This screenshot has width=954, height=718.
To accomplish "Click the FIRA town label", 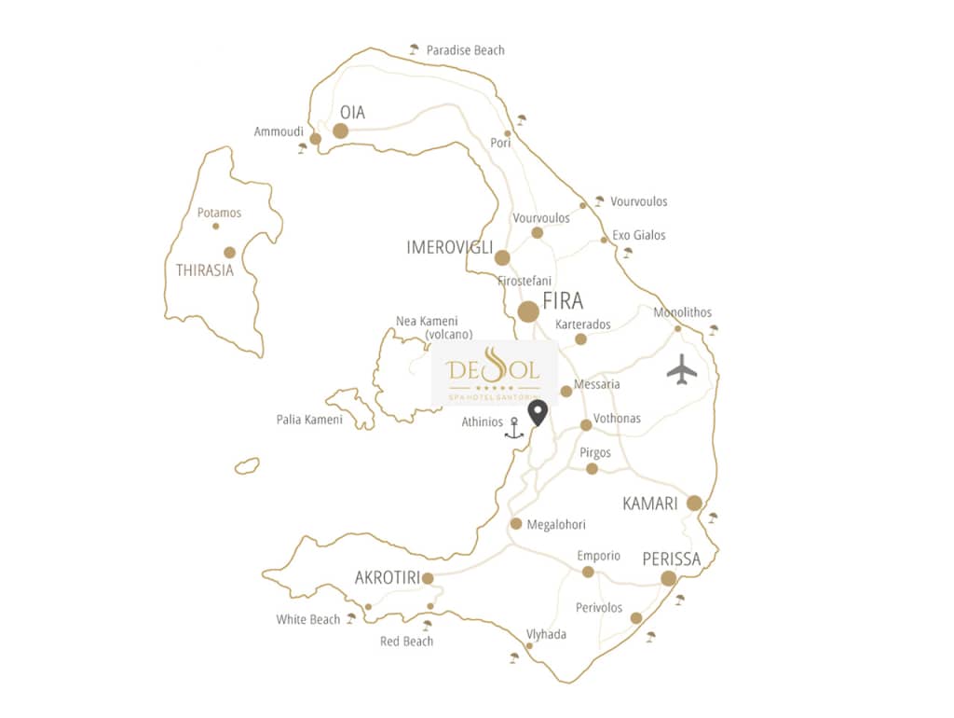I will click(562, 301).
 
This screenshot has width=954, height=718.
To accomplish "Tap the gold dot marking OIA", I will click(341, 131).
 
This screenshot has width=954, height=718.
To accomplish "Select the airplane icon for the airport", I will click(682, 369).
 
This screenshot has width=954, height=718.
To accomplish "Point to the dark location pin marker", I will click(538, 413).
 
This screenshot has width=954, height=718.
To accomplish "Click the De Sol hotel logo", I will click(494, 373).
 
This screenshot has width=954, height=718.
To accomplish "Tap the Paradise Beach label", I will click(465, 50).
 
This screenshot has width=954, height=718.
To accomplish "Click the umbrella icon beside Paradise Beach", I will click(415, 49).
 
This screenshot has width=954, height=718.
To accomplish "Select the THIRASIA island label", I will click(205, 270).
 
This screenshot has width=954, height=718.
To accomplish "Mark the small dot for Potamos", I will click(216, 226).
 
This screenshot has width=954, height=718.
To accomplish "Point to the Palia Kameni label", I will click(309, 420).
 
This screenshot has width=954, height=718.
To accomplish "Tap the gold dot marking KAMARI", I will click(694, 504).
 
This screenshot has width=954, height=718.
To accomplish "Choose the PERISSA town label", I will click(671, 559).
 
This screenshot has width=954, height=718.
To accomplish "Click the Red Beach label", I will click(406, 642).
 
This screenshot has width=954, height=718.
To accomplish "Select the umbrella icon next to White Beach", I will click(351, 618).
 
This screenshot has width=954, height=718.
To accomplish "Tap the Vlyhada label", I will click(546, 635).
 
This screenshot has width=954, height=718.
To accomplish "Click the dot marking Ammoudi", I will click(316, 139).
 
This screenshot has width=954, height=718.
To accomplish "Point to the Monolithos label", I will click(683, 312).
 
